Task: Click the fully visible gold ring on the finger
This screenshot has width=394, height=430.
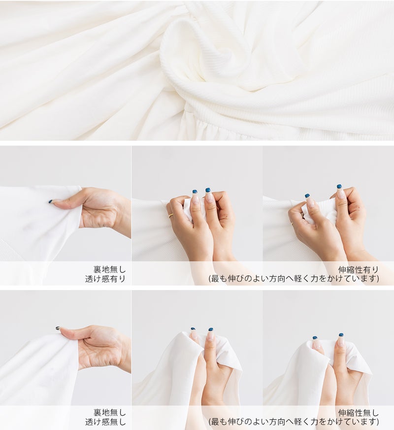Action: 171,216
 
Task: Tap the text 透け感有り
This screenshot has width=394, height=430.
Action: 105,279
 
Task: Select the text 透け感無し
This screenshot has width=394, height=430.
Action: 105,422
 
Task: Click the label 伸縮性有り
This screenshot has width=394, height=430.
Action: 359,269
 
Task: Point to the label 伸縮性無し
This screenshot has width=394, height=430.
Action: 359,413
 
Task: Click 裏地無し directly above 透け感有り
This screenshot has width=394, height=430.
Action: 109,269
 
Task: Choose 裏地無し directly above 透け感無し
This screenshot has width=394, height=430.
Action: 109,413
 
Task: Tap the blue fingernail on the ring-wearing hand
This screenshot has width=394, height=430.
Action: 195,192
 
